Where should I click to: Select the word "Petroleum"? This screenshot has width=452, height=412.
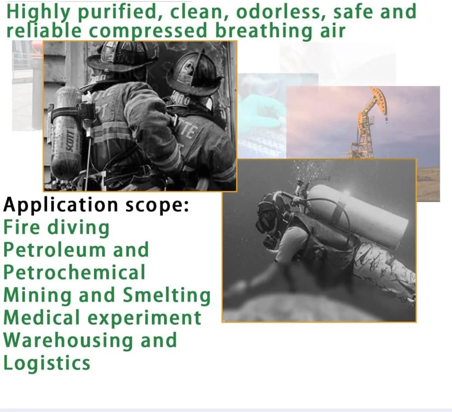click(55, 250)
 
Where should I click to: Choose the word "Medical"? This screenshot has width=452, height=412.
click(42, 318)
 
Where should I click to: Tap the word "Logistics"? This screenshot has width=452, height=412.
click(47, 363)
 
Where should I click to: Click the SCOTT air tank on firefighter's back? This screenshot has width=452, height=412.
click(67, 133)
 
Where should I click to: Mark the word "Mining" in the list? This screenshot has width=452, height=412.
click(37, 296)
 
